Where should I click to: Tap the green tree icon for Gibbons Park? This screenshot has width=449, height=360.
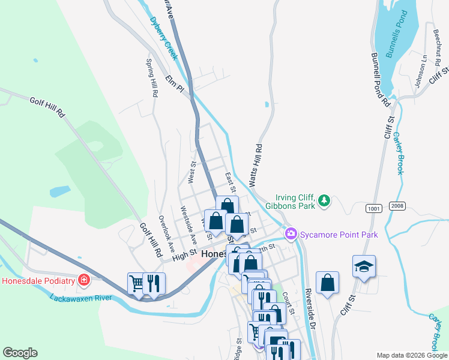[x=324, y=200]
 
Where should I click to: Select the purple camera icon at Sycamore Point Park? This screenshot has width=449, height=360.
[x=291, y=233]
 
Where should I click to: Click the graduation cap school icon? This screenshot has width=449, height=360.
[x=364, y=266]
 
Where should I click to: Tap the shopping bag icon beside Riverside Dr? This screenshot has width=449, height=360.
[x=327, y=283]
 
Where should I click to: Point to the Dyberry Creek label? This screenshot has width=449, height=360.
[x=164, y=38]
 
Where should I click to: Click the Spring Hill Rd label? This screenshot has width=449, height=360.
[x=152, y=78]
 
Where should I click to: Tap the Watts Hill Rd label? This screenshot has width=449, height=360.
[x=255, y=164]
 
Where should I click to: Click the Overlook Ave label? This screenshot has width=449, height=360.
[x=166, y=233]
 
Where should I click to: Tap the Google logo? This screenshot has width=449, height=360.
[x=20, y=353]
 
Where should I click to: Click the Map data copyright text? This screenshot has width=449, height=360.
[x=411, y=355]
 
